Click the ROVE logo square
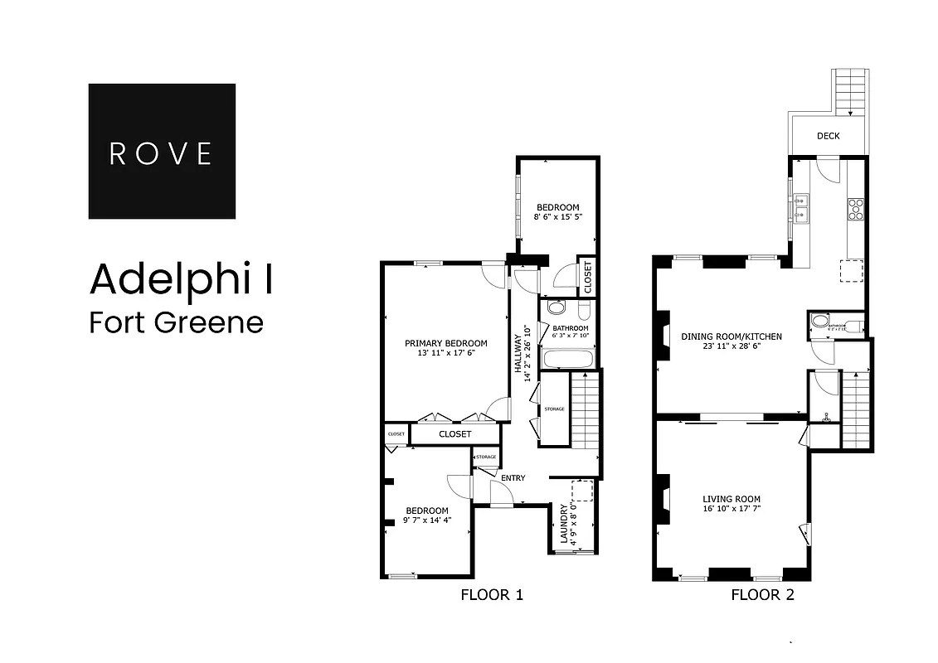[x=162, y=151]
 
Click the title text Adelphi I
[x=182, y=279]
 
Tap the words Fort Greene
[x=176, y=322]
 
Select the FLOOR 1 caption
[x=492, y=594]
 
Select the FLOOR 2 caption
[x=762, y=594]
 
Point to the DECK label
[x=828, y=136]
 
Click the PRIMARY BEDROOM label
[x=445, y=343]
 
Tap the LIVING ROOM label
[x=731, y=499]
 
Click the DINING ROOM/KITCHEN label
[x=731, y=336]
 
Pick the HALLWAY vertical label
[x=520, y=356]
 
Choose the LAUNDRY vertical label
[x=564, y=524]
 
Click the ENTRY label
[x=513, y=478]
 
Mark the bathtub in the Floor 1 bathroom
[x=567, y=359]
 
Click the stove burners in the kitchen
[x=854, y=209]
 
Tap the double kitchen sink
[x=800, y=209]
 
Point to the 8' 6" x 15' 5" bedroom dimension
[x=557, y=218]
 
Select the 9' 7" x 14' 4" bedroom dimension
[x=426, y=520]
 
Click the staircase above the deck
[x=851, y=91]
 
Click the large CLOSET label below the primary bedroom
[x=454, y=434]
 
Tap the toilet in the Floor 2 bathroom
[x=820, y=321]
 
